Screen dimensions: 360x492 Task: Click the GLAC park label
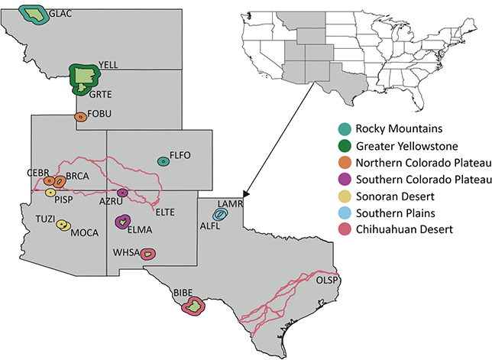[x=60, y=14]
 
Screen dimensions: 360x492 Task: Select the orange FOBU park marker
[x=80, y=117]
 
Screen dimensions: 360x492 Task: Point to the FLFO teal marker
[x=163, y=161]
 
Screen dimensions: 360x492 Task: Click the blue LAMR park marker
[x=219, y=216]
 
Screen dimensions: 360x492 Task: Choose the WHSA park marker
[x=147, y=253]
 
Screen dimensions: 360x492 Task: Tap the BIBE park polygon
[x=194, y=306]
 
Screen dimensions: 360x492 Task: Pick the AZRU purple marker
[x=121, y=192]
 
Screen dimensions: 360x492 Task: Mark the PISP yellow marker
[x=50, y=193]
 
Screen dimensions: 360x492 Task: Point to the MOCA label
[x=84, y=233]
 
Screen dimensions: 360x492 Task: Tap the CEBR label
[x=38, y=172]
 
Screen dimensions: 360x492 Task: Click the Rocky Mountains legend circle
[x=346, y=126]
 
